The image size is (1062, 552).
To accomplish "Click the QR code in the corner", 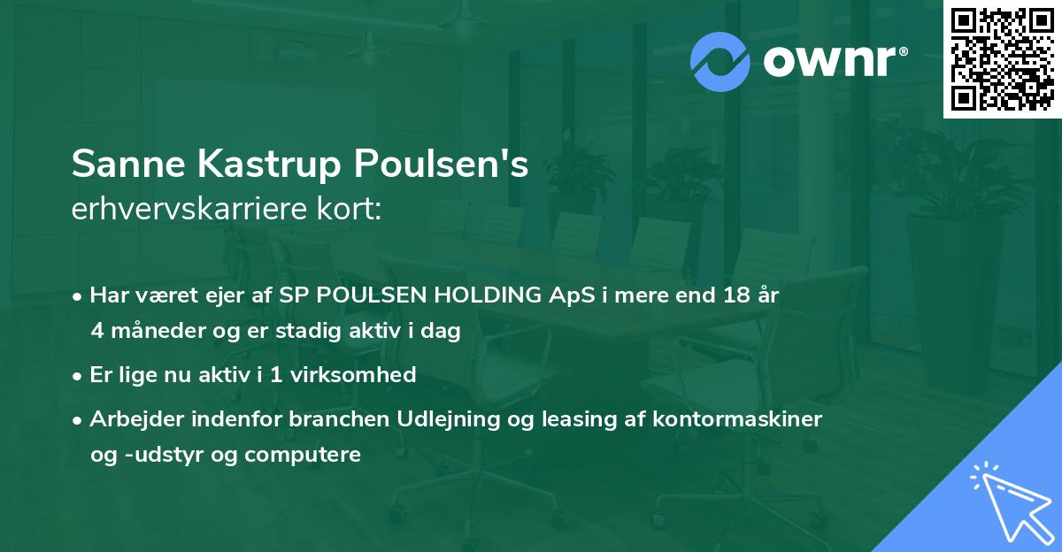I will pyautogui.click(x=1003, y=59).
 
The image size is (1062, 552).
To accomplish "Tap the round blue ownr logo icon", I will pyautogui.click(x=720, y=62).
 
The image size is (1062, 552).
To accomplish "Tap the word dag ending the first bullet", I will pyautogui.click(x=442, y=330).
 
